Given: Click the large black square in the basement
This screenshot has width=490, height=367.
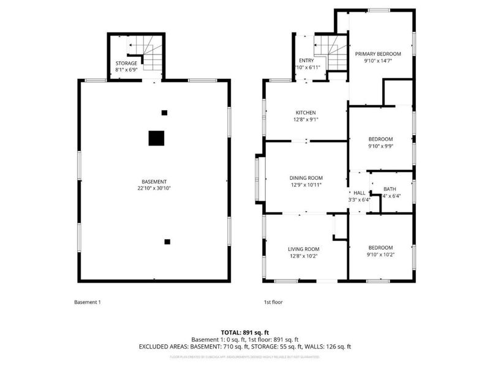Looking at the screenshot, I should point(157,138).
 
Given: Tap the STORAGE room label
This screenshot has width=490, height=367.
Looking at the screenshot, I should point(126,64).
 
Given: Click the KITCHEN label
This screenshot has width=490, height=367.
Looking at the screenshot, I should point(306,113).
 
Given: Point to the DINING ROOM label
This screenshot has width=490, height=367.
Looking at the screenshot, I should point(306,178).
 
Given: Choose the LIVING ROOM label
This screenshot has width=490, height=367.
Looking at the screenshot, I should point(304,249).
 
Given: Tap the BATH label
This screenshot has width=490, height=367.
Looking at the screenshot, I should point(390,189).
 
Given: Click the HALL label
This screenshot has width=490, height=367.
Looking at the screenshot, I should point(360,192).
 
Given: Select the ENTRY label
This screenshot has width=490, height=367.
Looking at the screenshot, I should point(306,61).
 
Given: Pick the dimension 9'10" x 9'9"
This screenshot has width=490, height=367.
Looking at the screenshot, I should point(380,146).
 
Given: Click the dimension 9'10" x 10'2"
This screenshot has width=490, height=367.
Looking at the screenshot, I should point(380,254).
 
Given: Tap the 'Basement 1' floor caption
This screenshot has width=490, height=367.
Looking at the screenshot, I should point(87,302).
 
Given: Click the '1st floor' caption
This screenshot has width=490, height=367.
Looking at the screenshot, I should point(273,302).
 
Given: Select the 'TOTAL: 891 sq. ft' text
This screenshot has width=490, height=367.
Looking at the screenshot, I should point(245,332).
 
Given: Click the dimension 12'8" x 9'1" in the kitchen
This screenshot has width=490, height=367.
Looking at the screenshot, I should point(306,120).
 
